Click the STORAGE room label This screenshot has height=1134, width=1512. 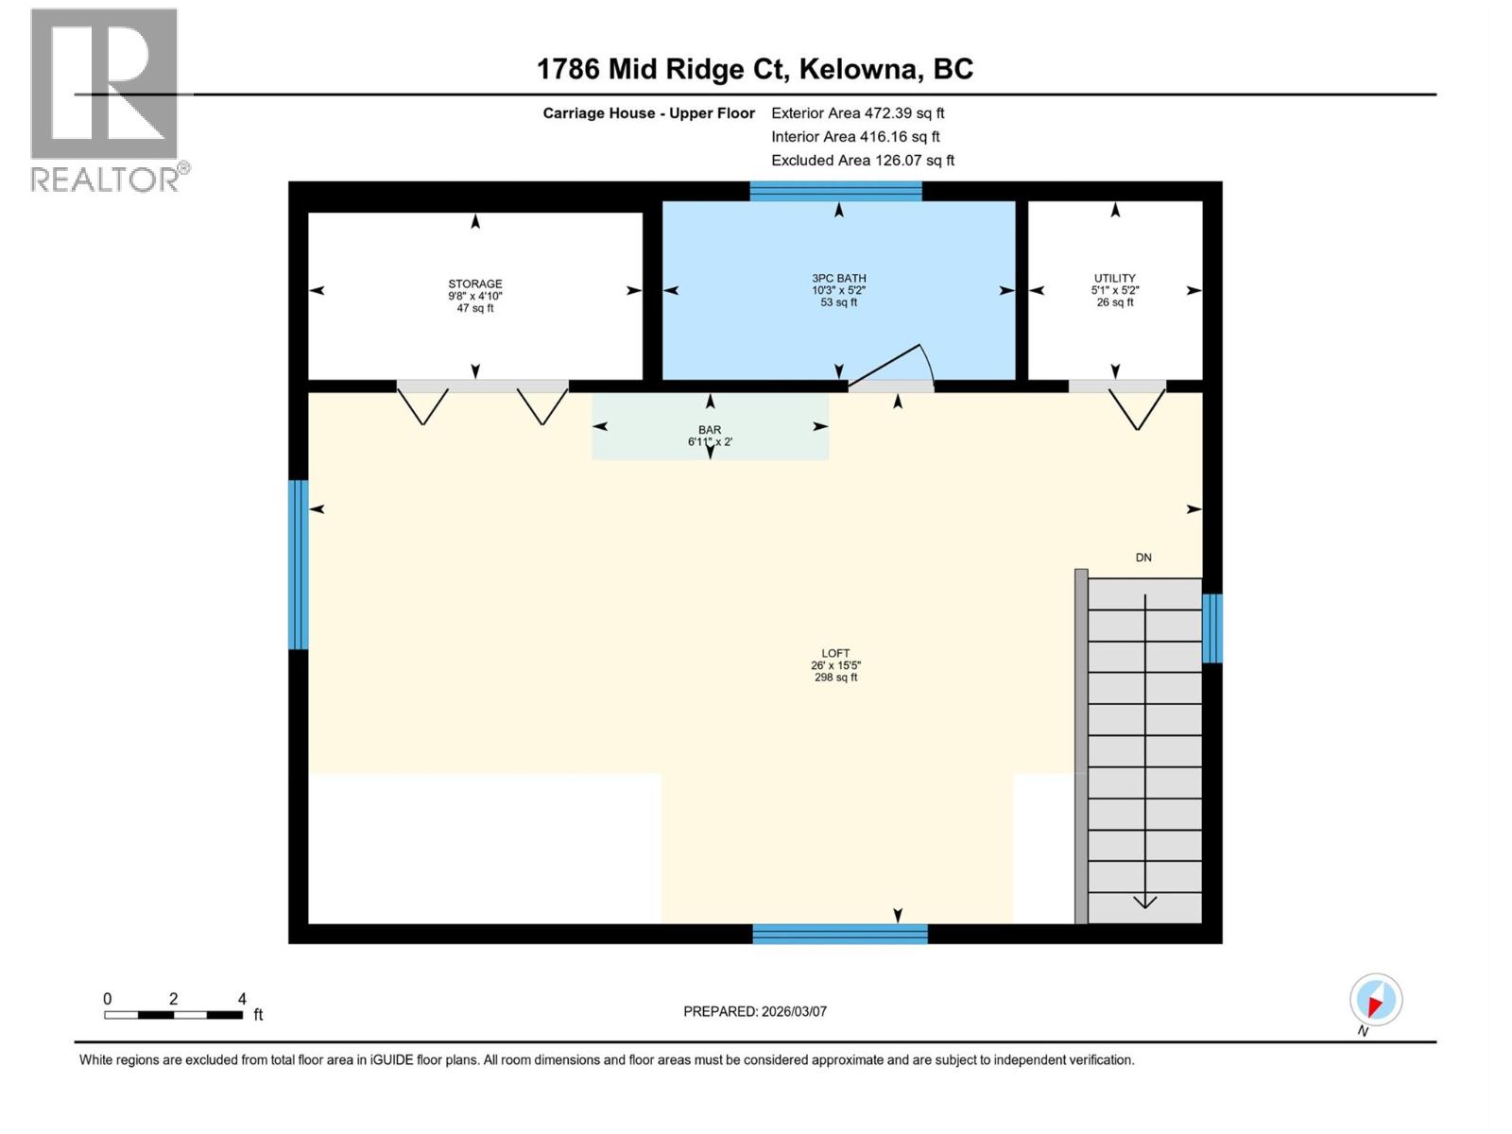[474, 295]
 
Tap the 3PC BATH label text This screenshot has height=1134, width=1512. [838, 289]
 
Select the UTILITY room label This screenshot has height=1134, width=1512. [1115, 289]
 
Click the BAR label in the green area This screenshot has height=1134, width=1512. [710, 436]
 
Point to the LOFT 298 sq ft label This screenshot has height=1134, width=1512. [835, 665]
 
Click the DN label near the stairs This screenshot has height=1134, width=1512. [1143, 558]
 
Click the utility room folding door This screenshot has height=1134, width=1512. [1136, 406]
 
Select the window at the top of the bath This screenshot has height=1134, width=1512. [835, 192]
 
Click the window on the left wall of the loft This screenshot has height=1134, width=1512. [299, 564]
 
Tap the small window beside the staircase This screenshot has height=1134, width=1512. [1211, 627]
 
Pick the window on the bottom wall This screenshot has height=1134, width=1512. [840, 934]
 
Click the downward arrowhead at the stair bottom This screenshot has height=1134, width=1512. [1144, 902]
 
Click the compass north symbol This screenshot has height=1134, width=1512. [1375, 1001]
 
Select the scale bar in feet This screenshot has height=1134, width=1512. [174, 1014]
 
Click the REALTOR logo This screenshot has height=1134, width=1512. [106, 99]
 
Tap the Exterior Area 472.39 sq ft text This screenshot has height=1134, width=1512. [857, 112]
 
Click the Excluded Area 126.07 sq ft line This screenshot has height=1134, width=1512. [862, 160]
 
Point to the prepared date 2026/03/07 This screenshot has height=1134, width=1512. [755, 1011]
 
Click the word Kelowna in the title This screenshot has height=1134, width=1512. [859, 69]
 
